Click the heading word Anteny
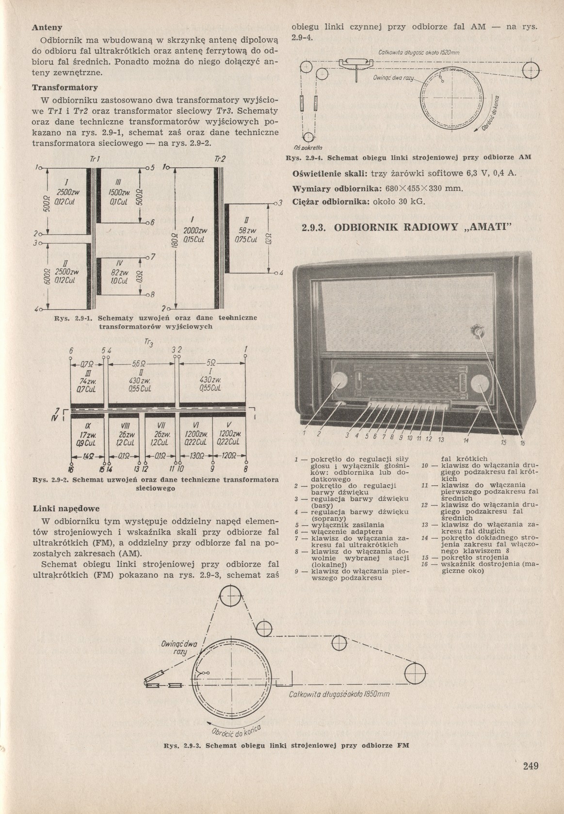(47, 28)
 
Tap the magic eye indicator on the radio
(479, 332)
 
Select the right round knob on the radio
(479, 383)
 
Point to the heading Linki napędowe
(66, 509)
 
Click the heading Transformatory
(65, 88)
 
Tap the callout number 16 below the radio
(522, 443)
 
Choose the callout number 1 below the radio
(305, 432)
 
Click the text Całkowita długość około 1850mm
(339, 694)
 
